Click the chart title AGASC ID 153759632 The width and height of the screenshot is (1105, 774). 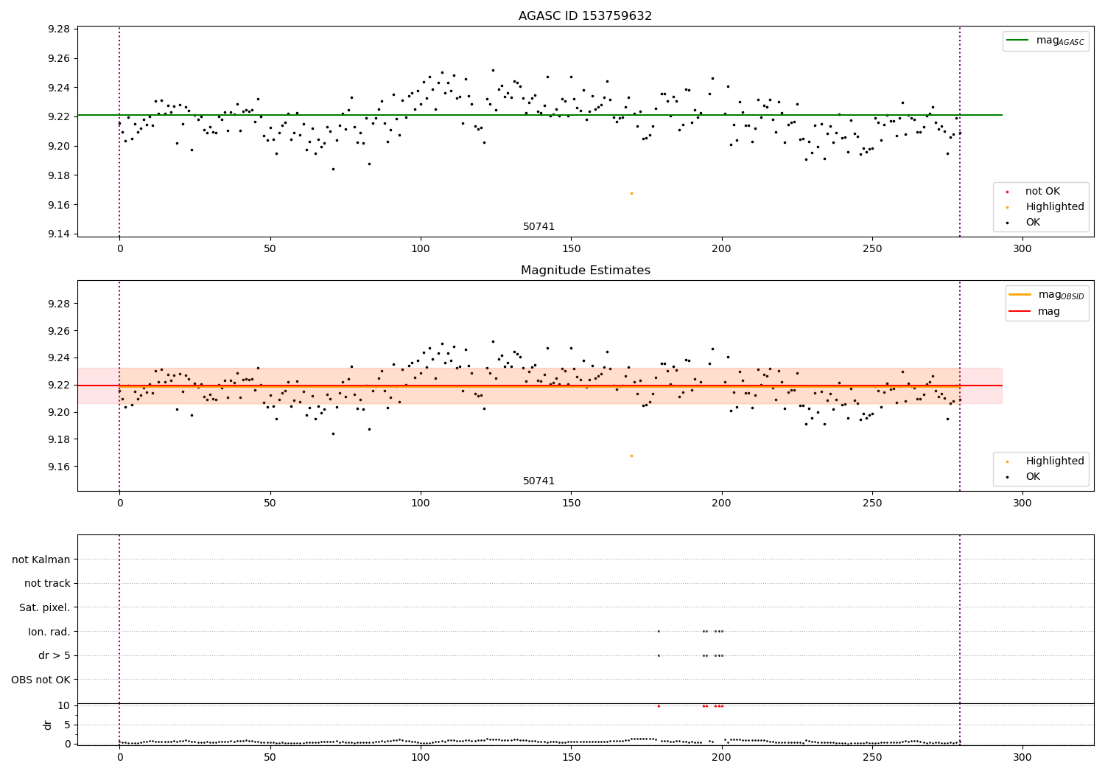pos(585,16)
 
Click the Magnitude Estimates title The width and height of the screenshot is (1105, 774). pos(585,271)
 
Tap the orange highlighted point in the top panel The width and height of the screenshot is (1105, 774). pos(631,193)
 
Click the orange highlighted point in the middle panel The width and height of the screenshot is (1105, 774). pos(631,456)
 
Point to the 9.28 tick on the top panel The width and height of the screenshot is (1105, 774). pos(58,29)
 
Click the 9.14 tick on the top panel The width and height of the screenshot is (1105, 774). pos(58,234)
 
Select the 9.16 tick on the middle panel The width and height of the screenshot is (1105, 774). pos(58,467)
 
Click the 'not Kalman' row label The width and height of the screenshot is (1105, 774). pos(41,559)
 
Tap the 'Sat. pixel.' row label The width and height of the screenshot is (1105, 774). pos(44,607)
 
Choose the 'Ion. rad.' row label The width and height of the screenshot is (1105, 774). pos(49,632)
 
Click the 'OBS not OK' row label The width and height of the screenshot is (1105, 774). pos(41,680)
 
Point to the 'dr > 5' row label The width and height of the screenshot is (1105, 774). pos(54,655)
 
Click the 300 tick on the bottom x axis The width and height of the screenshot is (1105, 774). pos(1022,756)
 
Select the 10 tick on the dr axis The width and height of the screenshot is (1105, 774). pos(63,705)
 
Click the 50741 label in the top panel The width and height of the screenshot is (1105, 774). pos(539,227)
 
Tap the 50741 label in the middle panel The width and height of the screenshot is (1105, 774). pos(539,481)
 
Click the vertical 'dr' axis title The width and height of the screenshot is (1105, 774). pos(48,725)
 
